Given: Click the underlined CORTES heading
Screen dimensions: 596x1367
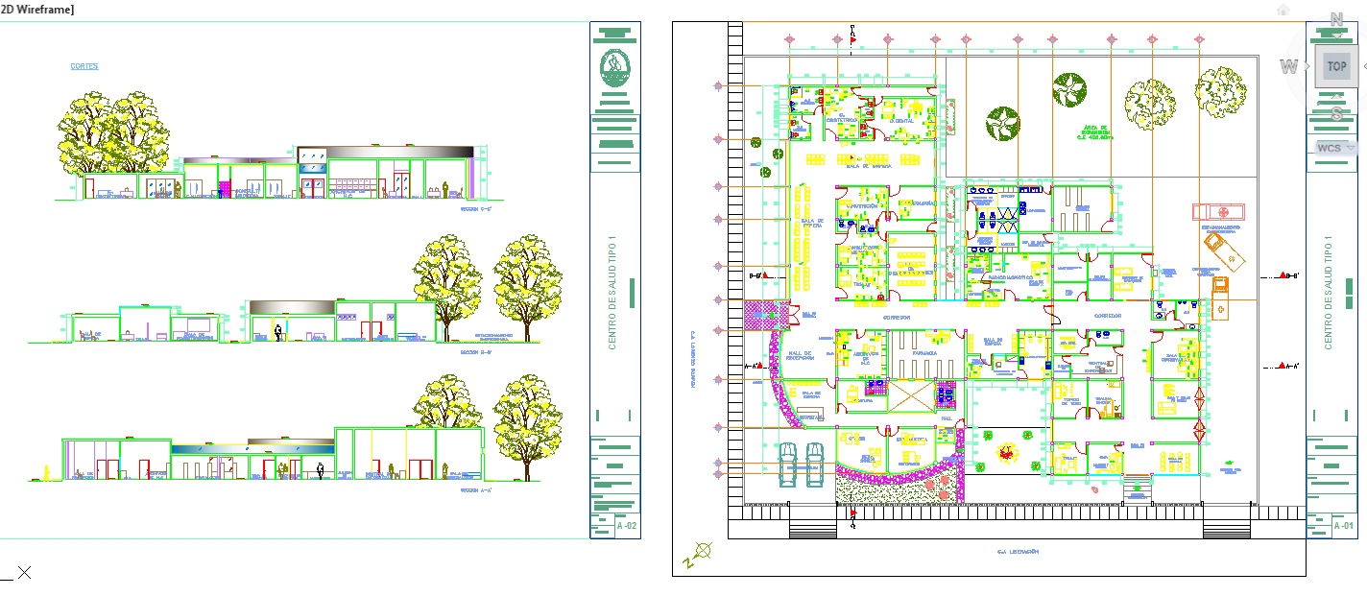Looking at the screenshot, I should tap(84, 66).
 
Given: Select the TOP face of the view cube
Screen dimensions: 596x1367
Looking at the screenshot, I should tap(1336, 66).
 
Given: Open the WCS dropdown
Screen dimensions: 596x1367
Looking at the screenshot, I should tap(1336, 148).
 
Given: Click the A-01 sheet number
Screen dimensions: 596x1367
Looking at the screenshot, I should tap(1343, 526).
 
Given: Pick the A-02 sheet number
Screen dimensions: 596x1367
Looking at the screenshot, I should tap(627, 526).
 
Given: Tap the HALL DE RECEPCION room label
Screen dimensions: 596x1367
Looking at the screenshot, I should tap(801, 356).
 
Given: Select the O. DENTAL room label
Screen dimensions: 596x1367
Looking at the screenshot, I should tap(902, 122).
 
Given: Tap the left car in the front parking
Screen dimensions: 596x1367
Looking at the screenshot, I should tap(788, 465).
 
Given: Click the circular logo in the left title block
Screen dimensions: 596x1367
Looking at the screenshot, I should tap(614, 68).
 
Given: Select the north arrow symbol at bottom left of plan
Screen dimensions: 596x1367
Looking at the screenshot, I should tap(704, 551).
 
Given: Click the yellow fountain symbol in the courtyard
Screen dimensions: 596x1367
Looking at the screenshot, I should tap(1005, 451).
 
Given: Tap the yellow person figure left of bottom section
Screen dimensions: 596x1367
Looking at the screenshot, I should tap(45, 473).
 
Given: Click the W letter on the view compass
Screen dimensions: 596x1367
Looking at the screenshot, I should tap(1288, 66).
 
